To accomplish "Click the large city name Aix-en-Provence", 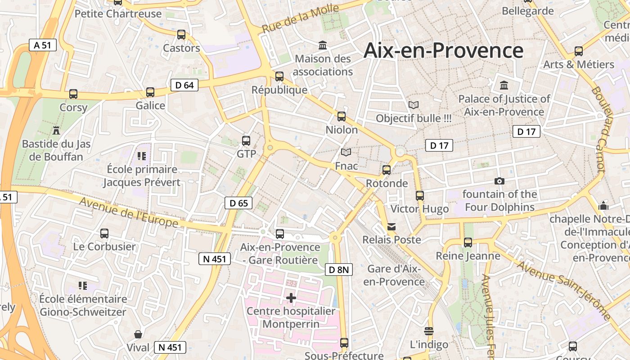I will [x=443, y=50].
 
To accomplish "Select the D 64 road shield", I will [x=184, y=85].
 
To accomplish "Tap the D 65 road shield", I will [x=238, y=203].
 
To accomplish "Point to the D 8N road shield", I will [x=338, y=270].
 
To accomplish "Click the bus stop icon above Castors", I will [x=181, y=35].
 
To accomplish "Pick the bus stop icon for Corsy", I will [x=73, y=94].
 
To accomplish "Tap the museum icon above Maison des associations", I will [x=323, y=45].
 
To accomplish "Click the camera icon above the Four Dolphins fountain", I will [x=499, y=181].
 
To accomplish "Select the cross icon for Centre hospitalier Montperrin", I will [x=291, y=297].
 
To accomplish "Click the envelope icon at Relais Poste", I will [x=391, y=226].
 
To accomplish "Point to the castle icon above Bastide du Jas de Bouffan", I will [x=56, y=130].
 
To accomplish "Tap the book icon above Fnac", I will [x=346, y=153].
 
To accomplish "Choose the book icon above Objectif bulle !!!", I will [x=413, y=105].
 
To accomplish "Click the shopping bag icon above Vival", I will [x=138, y=334].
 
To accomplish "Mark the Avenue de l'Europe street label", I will [x=129, y=212].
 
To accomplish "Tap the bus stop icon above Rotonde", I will [x=387, y=170].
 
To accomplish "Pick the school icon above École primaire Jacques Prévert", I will [x=142, y=156].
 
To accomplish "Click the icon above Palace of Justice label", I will [x=504, y=85].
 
